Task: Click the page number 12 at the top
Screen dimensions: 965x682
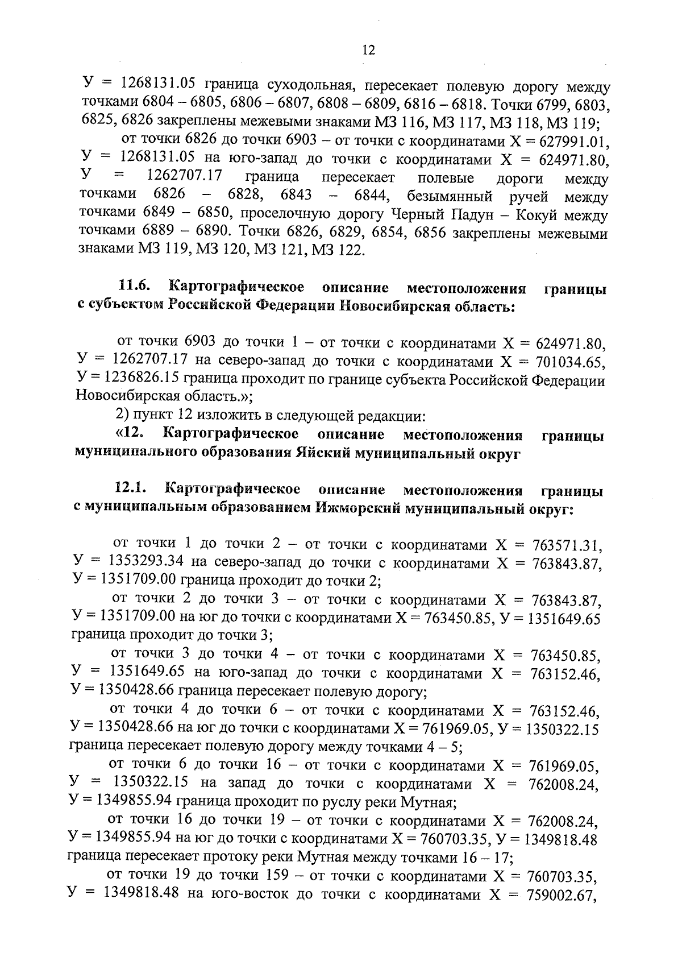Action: (368, 51)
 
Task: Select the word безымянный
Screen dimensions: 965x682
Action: (449, 197)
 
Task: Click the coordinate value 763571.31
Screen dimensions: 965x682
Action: (566, 545)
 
